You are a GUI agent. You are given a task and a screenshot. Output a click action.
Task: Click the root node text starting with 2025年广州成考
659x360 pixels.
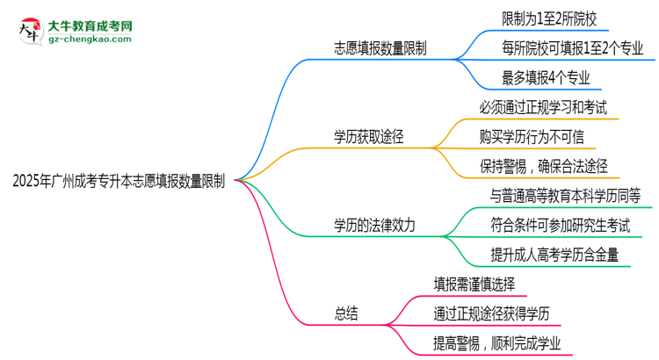click(119, 181)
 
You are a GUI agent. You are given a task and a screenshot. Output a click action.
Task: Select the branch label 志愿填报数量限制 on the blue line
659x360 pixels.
click(380, 48)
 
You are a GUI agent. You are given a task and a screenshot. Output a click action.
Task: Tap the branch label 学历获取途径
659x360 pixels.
click(368, 137)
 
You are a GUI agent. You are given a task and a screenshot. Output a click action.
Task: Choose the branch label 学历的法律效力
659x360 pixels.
click(374, 226)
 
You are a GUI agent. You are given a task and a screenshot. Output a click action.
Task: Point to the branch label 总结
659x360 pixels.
click(346, 313)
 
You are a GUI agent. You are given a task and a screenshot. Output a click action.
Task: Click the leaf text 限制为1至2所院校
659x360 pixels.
click(549, 19)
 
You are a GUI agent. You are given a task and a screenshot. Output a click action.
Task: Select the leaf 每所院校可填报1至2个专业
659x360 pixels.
click(572, 48)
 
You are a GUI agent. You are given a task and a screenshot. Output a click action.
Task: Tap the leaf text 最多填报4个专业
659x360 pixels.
click(546, 78)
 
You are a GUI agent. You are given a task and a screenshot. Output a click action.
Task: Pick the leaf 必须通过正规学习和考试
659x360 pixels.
click(543, 107)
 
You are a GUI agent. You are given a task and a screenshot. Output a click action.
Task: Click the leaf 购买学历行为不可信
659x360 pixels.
click(532, 137)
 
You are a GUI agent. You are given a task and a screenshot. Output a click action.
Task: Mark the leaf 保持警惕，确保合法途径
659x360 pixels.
click(544, 166)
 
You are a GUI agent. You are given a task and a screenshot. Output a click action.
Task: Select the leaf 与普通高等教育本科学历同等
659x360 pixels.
click(565, 196)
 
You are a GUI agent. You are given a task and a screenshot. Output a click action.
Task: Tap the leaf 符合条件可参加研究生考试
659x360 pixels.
click(561, 226)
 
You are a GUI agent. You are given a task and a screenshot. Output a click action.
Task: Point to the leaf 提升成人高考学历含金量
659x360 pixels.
click(554, 255)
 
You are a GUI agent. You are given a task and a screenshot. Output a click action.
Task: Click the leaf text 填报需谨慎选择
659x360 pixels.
click(474, 284)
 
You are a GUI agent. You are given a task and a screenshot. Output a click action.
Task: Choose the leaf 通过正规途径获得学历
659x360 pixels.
click(491, 313)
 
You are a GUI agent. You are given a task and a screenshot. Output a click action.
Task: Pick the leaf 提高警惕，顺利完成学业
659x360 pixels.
click(496, 343)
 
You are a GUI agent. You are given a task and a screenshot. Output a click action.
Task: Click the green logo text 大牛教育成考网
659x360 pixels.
click(90, 26)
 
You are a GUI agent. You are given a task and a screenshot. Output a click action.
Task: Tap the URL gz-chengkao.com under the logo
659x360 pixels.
click(90, 39)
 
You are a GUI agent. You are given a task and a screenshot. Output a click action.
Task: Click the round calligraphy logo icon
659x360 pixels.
click(31, 31)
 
